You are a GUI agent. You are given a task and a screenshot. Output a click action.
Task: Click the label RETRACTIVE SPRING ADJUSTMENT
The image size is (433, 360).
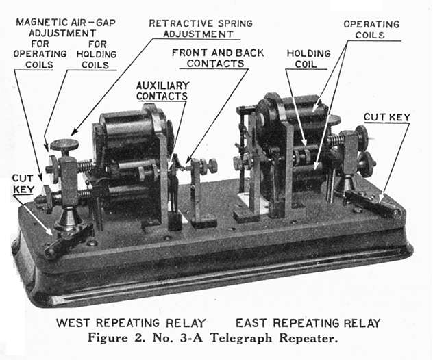[x=200, y=28]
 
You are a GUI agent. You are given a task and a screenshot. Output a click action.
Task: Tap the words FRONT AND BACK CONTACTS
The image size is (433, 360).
[x=208, y=57]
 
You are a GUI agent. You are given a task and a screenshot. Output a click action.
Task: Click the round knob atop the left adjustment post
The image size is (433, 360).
[x=64, y=144]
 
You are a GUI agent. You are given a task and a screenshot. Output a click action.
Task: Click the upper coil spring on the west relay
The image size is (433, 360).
[x=84, y=166]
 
